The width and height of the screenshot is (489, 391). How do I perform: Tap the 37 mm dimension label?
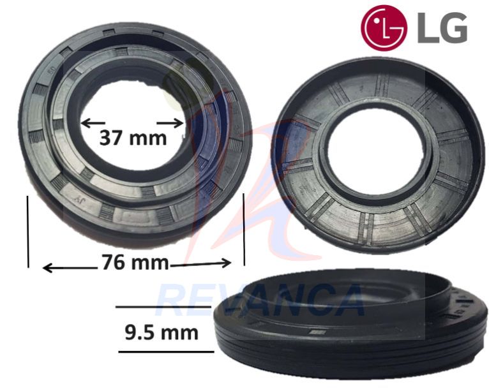tap(133, 137)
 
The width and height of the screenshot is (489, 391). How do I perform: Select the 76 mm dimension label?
tap(135, 263)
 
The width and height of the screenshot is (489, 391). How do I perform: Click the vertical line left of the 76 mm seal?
tap(28, 231)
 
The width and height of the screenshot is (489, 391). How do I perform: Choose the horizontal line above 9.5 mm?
tap(163, 307)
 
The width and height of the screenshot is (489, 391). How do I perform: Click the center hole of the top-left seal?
tap(131, 115)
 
